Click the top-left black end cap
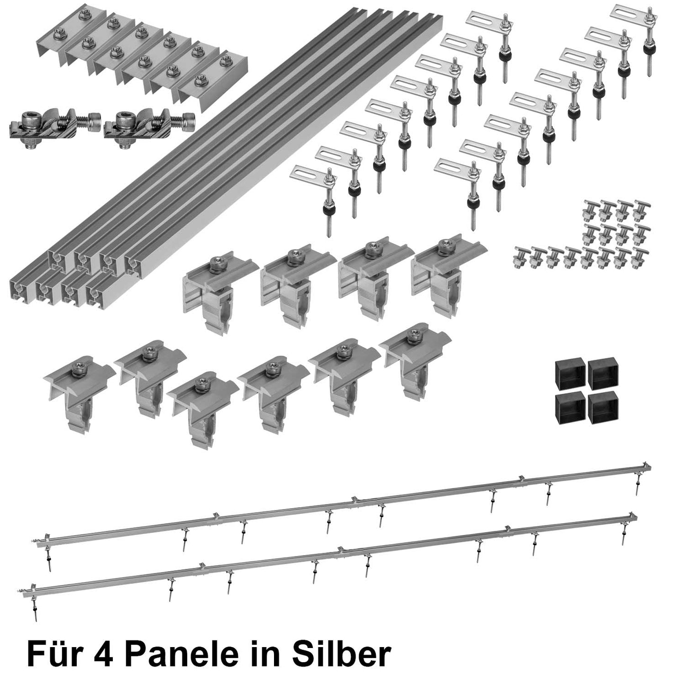click(569, 370)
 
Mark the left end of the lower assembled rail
click(33, 590)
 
